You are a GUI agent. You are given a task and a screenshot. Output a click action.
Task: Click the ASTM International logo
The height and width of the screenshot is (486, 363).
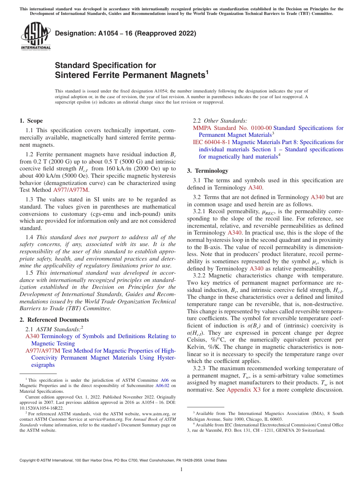pyautogui.click(x=36, y=37)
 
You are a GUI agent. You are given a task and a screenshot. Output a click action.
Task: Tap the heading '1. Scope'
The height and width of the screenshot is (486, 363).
pyautogui.click(x=31, y=121)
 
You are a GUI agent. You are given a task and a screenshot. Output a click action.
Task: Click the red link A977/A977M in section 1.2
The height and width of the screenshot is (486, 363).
pyautogui.click(x=71, y=190)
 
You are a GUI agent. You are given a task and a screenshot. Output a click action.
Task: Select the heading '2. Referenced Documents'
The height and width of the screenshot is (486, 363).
pyautogui.click(x=54, y=320)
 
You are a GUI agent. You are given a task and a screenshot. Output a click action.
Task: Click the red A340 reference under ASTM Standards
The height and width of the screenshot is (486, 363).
pyautogui.click(x=32, y=336)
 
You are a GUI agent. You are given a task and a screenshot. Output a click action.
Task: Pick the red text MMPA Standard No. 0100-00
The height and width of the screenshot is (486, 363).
pyautogui.click(x=232, y=128)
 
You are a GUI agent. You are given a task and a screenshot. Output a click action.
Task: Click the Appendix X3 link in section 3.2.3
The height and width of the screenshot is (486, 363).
pyautogui.click(x=243, y=390)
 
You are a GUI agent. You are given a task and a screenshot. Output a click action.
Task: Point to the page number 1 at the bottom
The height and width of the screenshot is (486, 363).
pyautogui.click(x=181, y=470)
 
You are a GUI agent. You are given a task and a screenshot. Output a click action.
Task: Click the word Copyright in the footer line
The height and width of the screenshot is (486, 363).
pyautogui.click(x=28, y=460)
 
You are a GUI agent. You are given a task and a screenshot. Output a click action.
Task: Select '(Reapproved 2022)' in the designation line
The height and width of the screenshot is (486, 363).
pyautogui.click(x=168, y=33)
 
